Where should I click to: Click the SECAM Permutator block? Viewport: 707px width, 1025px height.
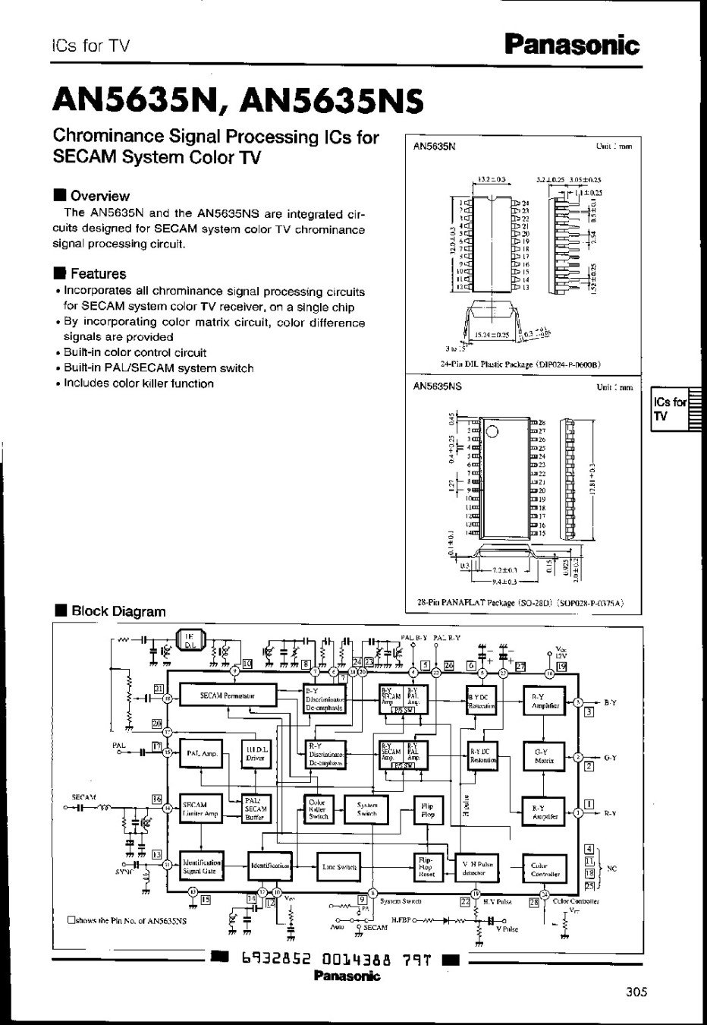[227, 695]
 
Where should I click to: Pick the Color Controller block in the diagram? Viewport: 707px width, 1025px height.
[545, 869]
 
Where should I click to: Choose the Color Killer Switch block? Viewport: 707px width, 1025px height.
[318, 809]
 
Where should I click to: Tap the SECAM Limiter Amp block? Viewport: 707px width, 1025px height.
[200, 809]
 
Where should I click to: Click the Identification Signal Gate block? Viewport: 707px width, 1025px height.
[201, 866]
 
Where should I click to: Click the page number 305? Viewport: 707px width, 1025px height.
[637, 992]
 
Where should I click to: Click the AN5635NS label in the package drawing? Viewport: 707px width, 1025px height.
[438, 386]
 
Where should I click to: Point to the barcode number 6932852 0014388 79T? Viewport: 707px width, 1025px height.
[336, 959]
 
